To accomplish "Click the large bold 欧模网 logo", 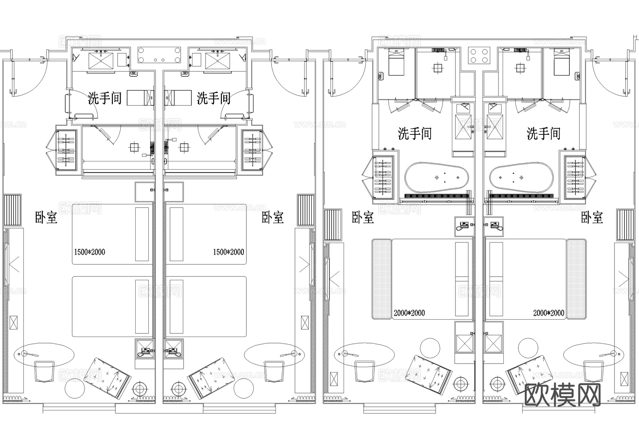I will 562,394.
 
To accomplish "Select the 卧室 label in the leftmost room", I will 46,217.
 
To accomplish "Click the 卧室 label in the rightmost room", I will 592,217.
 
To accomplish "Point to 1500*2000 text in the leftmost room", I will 89,252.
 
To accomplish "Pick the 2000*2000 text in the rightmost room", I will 548,313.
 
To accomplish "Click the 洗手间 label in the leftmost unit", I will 105,98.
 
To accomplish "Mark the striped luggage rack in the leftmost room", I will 13,210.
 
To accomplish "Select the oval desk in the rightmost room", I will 593,354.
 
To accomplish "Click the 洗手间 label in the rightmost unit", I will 544,134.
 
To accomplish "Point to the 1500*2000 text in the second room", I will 228,252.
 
